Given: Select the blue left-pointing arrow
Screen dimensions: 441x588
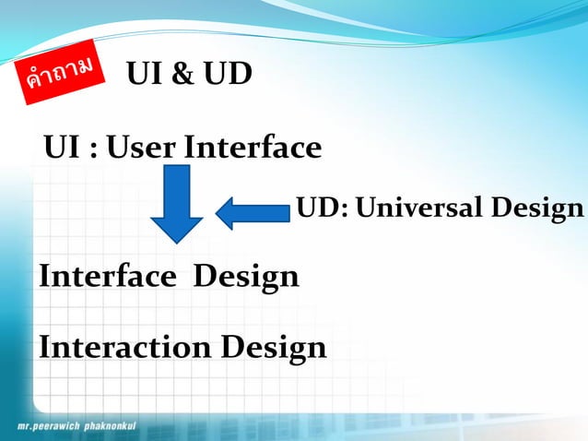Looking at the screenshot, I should point(252,213).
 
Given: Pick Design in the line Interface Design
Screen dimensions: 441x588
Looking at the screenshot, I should point(246,278).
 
